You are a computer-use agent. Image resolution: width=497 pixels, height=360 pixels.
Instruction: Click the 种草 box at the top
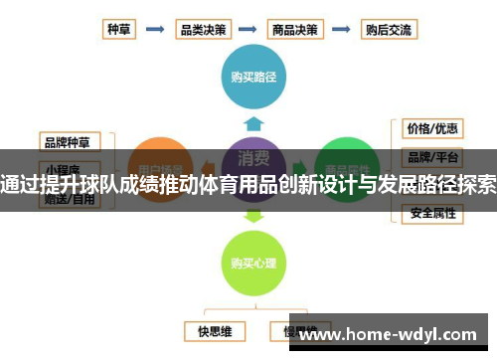coord(120,30)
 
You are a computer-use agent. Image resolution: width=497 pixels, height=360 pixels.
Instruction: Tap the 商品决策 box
coord(295,30)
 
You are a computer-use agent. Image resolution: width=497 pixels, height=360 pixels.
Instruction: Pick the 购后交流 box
coord(386,30)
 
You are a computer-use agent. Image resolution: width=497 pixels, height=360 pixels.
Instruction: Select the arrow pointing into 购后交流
coord(342,30)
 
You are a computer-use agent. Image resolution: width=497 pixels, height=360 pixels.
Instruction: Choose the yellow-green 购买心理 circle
coord(254,263)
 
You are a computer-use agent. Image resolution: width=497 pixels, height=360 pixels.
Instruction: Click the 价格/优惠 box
coord(432,128)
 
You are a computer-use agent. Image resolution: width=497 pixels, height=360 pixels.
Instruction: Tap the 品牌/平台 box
coord(432,156)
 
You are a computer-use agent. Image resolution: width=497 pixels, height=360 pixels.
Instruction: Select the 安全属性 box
coord(432,213)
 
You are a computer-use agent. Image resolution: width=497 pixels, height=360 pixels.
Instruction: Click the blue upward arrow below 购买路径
coord(254,121)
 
